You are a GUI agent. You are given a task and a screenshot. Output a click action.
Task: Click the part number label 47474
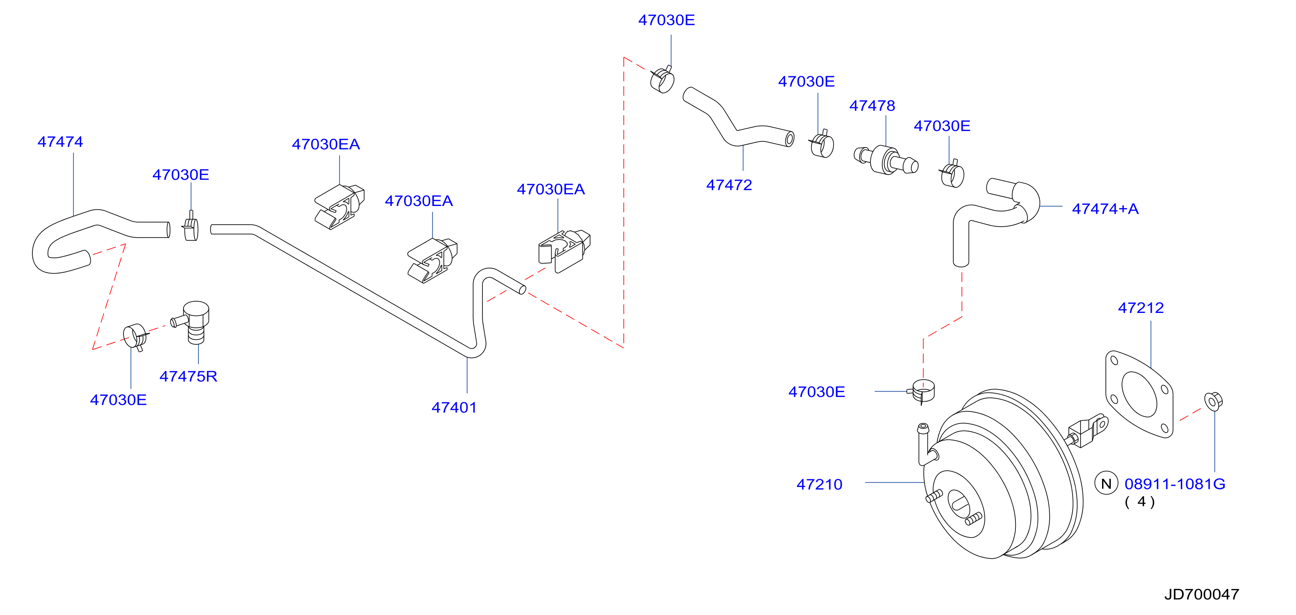click(x=61, y=142)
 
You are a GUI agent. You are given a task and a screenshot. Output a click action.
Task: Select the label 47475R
click(x=188, y=376)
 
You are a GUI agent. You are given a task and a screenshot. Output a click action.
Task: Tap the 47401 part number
click(x=454, y=407)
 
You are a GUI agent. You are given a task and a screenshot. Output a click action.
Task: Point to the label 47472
click(x=729, y=185)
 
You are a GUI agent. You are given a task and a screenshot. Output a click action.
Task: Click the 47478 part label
click(x=872, y=106)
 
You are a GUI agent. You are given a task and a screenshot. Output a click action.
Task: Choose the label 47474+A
click(x=1105, y=209)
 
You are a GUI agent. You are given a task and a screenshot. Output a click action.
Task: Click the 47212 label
click(x=1141, y=308)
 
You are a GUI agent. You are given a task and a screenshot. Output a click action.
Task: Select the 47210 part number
click(x=819, y=484)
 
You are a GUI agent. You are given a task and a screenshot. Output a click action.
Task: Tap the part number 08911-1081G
click(x=1175, y=484)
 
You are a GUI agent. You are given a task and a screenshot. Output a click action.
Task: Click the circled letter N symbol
click(x=1106, y=484)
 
